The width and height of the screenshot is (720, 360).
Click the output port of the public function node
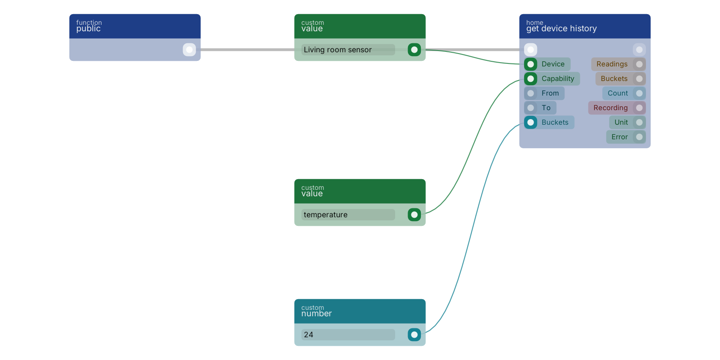(189, 50)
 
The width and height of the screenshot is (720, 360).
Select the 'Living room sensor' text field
(348, 50)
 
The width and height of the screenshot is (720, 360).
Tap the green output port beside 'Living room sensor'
(414, 50)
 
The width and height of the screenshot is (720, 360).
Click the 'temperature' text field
(348, 215)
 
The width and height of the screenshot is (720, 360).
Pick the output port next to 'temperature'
(414, 215)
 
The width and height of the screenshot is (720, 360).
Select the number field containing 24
(348, 335)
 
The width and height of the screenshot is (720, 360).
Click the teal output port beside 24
(414, 335)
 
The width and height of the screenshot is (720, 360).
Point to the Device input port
(531, 64)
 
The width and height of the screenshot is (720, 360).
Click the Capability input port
(531, 79)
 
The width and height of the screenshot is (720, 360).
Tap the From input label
(550, 93)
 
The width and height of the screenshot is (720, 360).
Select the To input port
(531, 108)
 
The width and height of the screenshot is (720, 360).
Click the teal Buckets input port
(531, 123)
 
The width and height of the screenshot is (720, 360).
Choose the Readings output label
(612, 64)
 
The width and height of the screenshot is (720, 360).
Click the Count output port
(639, 93)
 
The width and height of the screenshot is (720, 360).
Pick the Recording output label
(610, 108)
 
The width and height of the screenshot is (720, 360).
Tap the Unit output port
(639, 123)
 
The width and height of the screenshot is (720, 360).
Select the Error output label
(619, 137)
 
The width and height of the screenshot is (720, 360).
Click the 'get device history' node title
(561, 29)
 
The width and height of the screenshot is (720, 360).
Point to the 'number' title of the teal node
(316, 314)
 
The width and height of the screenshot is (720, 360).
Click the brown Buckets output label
(614, 79)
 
